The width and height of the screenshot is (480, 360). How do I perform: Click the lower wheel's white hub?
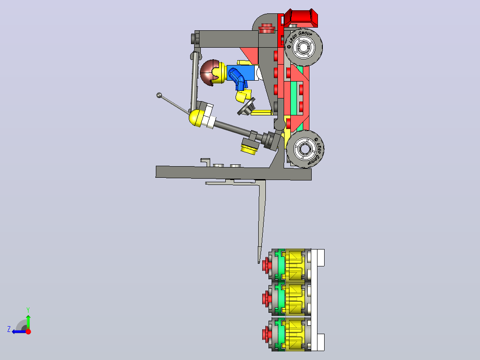(x=305, y=149)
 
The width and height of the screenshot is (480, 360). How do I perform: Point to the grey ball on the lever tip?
(x=159, y=95)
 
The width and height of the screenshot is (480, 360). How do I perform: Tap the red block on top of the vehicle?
(x=301, y=18)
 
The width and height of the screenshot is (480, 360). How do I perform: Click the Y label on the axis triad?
(x=28, y=310)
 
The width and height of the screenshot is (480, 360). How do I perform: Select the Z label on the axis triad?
(x=9, y=329)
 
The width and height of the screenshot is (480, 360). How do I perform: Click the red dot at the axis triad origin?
(x=28, y=331)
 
